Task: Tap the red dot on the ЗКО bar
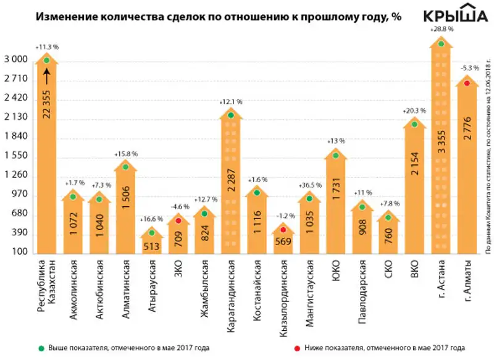click(178, 220)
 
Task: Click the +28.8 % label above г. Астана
click(441, 29)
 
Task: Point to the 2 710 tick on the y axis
click(17, 78)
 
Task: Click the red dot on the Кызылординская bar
click(283, 229)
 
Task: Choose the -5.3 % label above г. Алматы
click(467, 68)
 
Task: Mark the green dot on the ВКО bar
click(415, 124)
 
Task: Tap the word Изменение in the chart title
click(63, 17)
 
